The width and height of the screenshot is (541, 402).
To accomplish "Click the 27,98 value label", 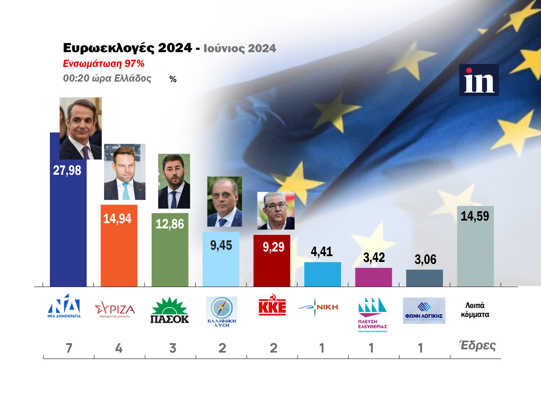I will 67,170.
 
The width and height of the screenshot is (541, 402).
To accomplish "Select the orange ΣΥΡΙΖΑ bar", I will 119,254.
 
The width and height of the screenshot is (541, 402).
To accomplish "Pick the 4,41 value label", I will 322,251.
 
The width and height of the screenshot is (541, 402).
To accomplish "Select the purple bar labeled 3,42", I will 373,277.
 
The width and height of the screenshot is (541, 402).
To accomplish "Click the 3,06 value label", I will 425,259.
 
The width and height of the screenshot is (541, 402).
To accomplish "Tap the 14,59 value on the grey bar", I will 475,216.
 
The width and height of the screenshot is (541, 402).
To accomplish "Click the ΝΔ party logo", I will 64,306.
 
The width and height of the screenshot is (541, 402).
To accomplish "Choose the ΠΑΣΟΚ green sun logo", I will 169,311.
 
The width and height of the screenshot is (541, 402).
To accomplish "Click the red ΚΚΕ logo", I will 272,307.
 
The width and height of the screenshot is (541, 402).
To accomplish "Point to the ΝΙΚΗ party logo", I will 318,307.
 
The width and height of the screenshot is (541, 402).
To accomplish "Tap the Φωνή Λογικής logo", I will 424,311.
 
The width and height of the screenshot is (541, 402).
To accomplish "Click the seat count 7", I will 68,348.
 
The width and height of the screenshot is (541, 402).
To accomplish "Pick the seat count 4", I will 119,348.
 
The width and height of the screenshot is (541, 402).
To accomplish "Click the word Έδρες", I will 478,346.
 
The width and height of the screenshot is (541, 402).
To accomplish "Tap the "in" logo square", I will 479,80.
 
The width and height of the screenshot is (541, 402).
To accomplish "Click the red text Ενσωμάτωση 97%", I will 104,63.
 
